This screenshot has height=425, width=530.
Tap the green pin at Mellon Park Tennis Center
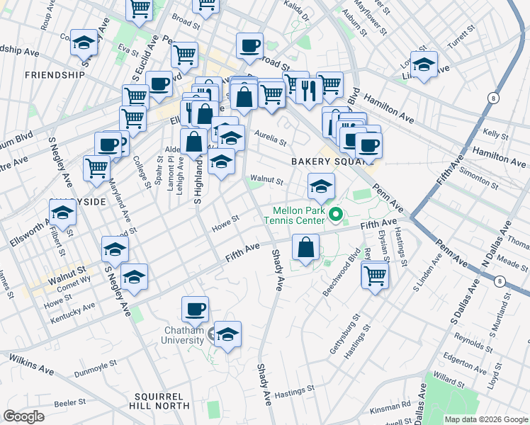click(x=338, y=211)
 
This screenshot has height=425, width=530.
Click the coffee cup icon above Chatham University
click(x=195, y=310)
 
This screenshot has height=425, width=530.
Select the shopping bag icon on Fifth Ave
click(x=305, y=248)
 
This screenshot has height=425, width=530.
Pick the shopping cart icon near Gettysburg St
click(x=375, y=275)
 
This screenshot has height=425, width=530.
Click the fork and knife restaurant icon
click(x=309, y=90)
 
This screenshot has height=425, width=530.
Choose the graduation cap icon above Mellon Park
click(x=321, y=187)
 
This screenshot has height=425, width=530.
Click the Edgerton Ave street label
click(x=464, y=363)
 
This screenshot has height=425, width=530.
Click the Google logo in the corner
click(x=23, y=416)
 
